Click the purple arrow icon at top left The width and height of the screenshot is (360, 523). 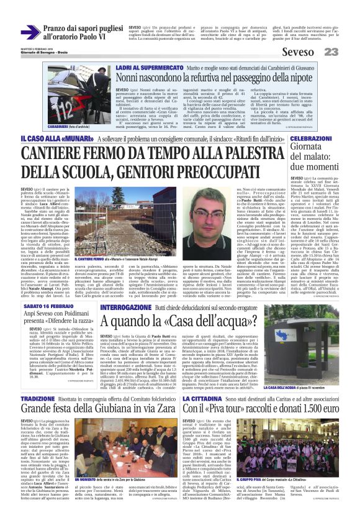click(x=30, y=32)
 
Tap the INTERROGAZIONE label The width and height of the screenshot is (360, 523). click(x=125, y=307)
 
